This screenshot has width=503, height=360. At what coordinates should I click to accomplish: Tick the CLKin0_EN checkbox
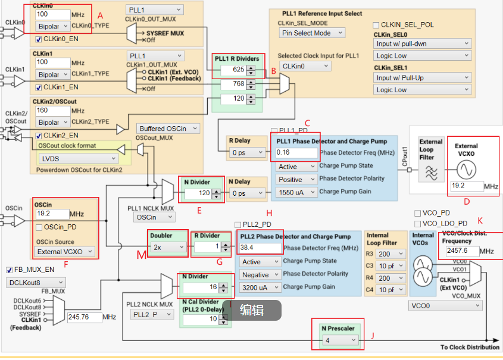39,39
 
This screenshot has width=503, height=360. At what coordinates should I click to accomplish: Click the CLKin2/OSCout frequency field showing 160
53,111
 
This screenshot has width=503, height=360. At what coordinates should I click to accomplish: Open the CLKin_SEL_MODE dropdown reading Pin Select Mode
312,33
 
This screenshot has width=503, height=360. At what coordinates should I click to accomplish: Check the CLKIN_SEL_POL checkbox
376,25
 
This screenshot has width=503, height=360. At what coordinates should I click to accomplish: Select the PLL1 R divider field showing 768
233,84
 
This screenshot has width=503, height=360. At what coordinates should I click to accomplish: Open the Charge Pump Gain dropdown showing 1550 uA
296,192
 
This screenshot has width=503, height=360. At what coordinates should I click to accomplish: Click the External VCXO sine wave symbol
466,170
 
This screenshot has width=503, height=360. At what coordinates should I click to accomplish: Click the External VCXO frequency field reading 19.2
467,186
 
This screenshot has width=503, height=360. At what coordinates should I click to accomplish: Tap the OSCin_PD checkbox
39,227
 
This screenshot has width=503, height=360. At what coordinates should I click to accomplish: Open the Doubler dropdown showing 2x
168,247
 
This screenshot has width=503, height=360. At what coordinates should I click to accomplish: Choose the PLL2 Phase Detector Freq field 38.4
260,248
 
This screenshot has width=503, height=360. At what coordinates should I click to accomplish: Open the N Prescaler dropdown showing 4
340,340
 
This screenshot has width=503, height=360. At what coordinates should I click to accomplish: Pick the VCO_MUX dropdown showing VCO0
445,306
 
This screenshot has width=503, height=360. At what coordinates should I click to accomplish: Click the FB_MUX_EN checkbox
10,270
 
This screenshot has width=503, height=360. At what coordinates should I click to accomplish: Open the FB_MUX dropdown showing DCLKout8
36,283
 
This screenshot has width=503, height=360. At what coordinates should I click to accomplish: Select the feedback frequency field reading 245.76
85,317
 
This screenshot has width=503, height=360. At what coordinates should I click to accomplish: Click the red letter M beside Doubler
142,255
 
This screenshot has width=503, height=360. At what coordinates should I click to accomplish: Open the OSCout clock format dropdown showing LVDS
78,159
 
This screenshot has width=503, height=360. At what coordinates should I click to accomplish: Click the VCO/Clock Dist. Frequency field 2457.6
462,251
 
